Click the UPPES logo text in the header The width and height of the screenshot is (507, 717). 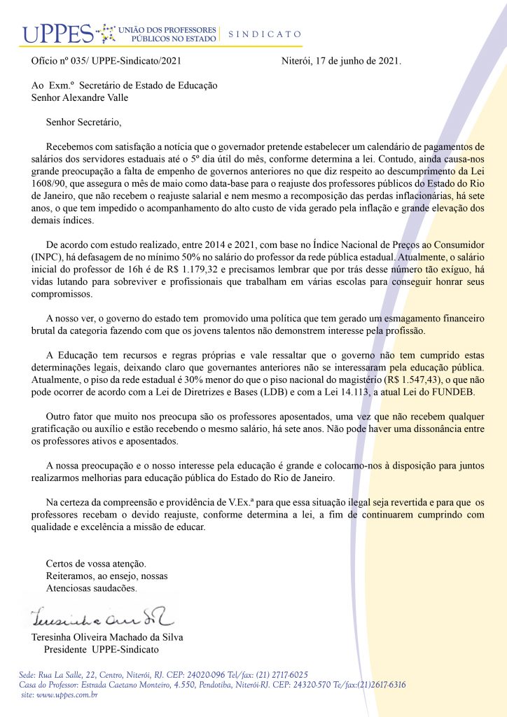tap(57, 33)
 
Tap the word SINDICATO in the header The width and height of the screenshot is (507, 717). tap(265, 34)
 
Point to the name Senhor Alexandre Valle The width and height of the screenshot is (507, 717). tap(80, 97)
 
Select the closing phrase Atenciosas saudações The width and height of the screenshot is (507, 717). tap(91, 588)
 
